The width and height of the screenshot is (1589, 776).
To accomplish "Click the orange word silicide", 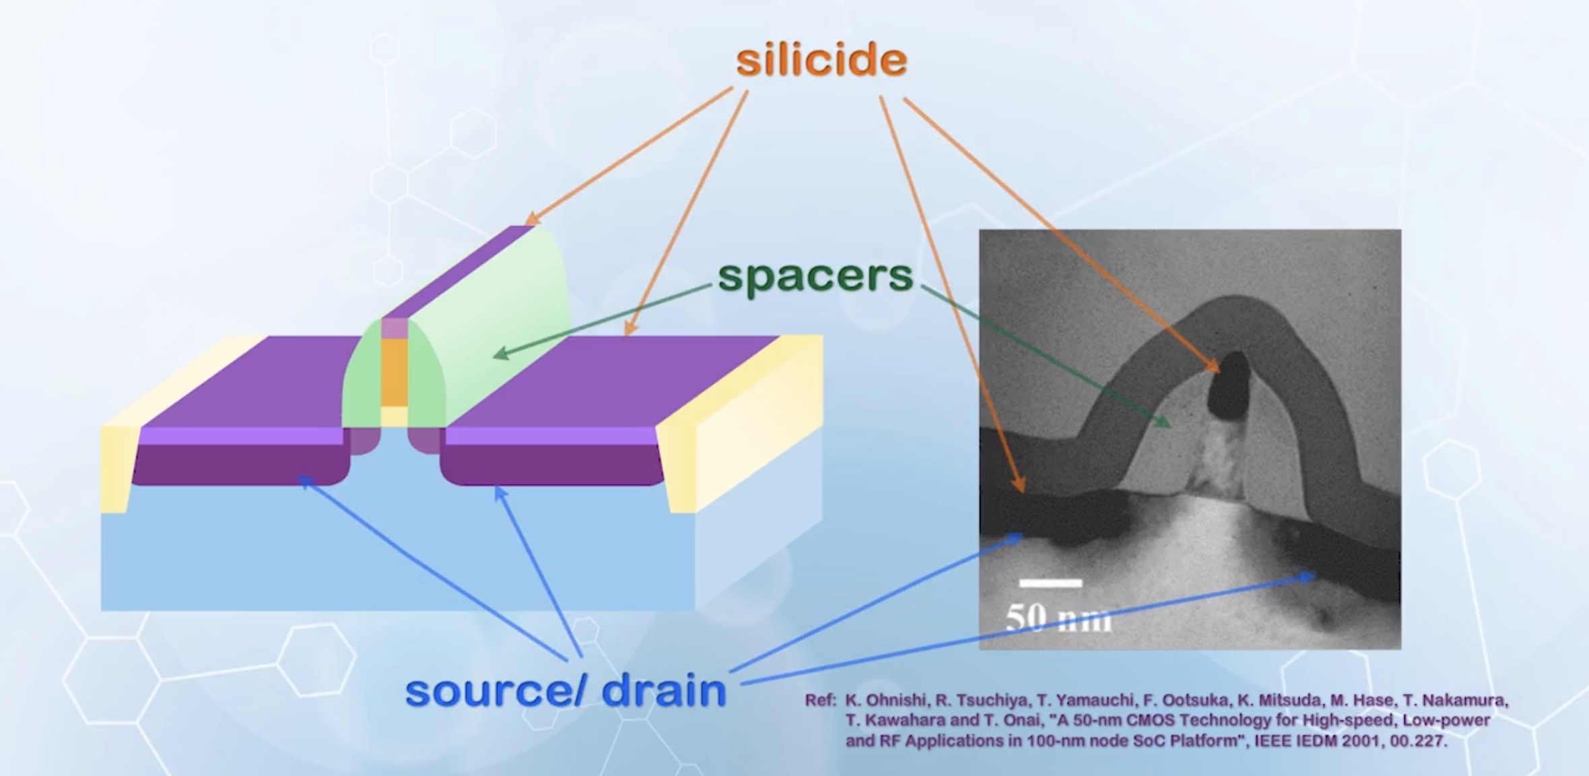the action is [821, 60].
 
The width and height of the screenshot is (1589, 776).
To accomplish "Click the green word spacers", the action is [815, 276].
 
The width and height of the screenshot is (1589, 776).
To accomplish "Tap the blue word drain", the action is [664, 691].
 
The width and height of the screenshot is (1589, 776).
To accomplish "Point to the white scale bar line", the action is [1050, 583].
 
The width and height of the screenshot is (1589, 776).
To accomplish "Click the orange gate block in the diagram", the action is [395, 373].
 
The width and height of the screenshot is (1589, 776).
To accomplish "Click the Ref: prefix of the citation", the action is [820, 701].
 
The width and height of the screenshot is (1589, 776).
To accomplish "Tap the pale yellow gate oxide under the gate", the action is [395, 416].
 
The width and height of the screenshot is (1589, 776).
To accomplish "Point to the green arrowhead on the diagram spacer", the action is [502, 353].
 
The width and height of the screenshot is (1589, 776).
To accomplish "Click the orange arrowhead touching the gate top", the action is [532, 218].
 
